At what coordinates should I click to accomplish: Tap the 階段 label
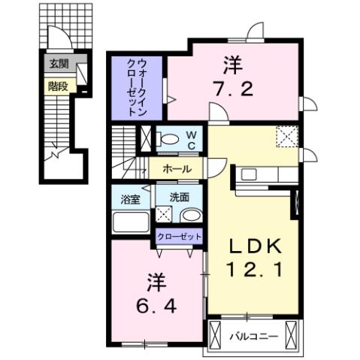click(x=57, y=86)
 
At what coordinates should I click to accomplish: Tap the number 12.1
click(x=256, y=268)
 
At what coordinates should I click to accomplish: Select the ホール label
click(x=176, y=169)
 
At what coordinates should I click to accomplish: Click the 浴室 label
click(x=130, y=199)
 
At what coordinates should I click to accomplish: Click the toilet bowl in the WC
click(x=171, y=138)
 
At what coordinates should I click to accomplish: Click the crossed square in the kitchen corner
click(x=286, y=137)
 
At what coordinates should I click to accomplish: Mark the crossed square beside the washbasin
click(x=165, y=215)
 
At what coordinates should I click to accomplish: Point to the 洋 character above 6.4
click(x=156, y=284)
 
